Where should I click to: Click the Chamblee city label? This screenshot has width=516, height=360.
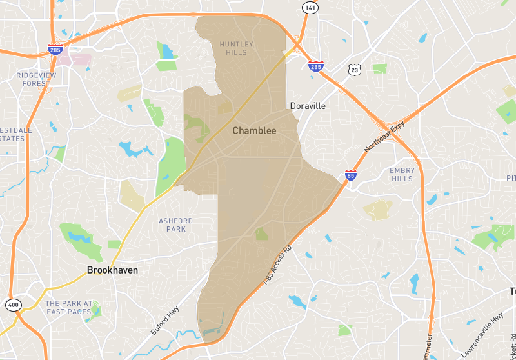pyautogui.click(x=254, y=131)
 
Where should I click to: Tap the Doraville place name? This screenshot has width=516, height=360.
pyautogui.click(x=308, y=106)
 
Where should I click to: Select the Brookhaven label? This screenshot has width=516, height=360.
pyautogui.click(x=113, y=270)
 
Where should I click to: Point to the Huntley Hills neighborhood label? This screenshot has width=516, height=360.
pyautogui.click(x=237, y=48)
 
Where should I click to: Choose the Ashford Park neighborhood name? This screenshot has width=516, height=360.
pyautogui.click(x=175, y=225)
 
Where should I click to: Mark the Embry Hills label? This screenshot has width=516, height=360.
pyautogui.click(x=402, y=174)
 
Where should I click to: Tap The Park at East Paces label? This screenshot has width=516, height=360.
pyautogui.click(x=69, y=307)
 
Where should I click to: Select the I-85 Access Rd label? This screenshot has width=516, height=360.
pyautogui.click(x=278, y=265)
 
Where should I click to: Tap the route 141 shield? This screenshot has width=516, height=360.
pyautogui.click(x=310, y=6)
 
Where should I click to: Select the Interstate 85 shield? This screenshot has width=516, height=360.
pyautogui.click(x=351, y=175)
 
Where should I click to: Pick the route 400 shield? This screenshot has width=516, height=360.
pyautogui.click(x=12, y=304)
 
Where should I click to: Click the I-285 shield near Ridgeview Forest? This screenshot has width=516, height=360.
pyautogui.click(x=55, y=50)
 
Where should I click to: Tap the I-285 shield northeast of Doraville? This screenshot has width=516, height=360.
pyautogui.click(x=315, y=66)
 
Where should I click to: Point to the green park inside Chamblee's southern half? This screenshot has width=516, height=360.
pyautogui.click(x=261, y=234)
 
